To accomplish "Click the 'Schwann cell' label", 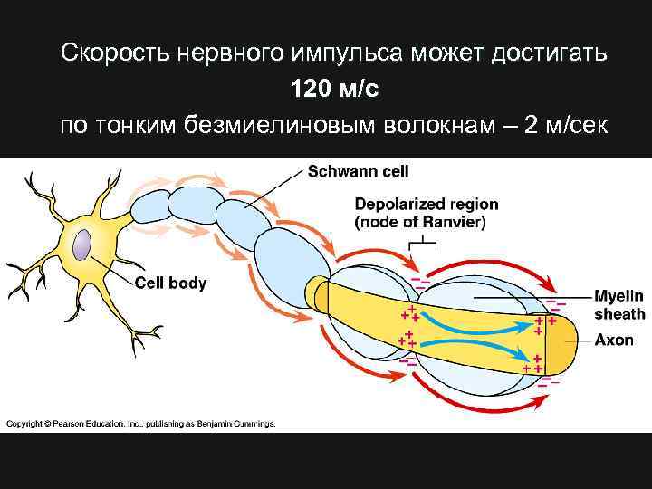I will [x=358, y=170].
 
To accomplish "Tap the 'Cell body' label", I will [x=170, y=283].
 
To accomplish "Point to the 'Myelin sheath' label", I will [x=619, y=305].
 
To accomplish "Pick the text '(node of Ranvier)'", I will [x=421, y=222].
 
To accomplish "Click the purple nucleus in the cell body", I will [x=82, y=245].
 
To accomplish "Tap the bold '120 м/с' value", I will [x=325, y=89].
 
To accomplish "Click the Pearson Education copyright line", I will [x=140, y=423].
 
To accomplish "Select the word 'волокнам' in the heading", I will [x=438, y=124].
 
